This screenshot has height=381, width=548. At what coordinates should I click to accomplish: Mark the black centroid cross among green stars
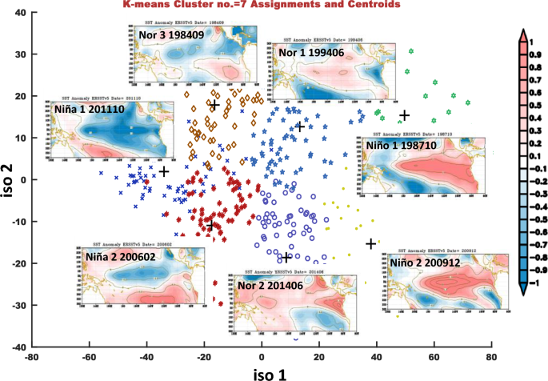[x=406, y=115]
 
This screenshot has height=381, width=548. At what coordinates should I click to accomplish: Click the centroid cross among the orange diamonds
[x=214, y=106]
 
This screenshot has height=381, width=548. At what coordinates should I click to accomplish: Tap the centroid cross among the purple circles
[x=286, y=257]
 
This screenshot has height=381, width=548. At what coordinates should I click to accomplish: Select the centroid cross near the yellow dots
[x=370, y=243]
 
